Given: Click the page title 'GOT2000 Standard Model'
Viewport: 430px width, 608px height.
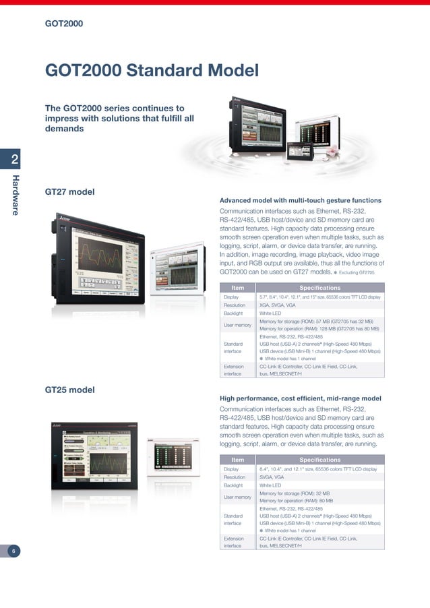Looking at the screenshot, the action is (x=152, y=70).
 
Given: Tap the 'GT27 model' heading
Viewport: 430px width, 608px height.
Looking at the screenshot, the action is (x=69, y=192).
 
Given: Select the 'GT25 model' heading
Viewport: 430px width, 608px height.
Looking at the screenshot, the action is (x=69, y=390).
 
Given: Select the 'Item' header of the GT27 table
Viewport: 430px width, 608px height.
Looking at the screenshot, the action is (x=237, y=288).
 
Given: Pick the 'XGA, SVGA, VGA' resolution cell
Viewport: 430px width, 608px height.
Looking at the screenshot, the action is (x=278, y=305).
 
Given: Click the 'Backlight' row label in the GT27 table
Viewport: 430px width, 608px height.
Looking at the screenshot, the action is (x=234, y=313).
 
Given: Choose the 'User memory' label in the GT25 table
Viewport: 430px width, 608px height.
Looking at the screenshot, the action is (x=237, y=497).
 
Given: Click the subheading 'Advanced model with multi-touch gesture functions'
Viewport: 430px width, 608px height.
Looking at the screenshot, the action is (x=301, y=200).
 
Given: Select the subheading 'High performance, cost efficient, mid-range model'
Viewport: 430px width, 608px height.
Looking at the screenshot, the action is (x=301, y=398).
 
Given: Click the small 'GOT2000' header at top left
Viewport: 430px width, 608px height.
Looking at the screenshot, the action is (x=64, y=24).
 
